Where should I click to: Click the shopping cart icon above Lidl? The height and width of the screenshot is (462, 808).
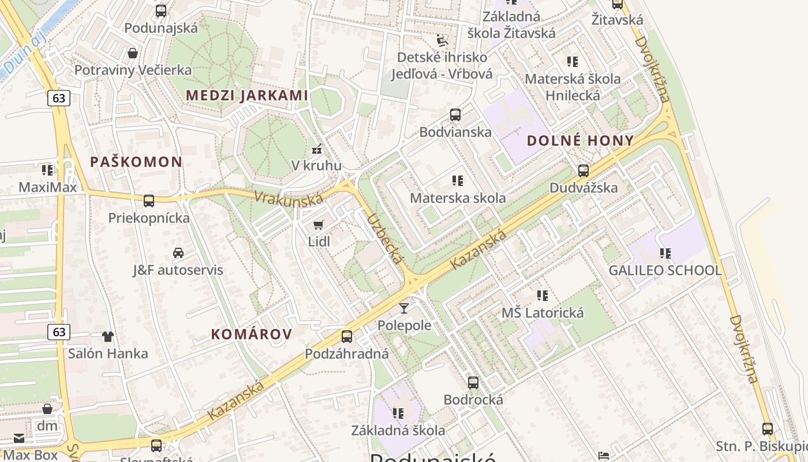point(318,225)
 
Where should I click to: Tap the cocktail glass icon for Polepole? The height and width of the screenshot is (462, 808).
point(404,308)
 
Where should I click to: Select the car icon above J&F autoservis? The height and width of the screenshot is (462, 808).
point(178,253)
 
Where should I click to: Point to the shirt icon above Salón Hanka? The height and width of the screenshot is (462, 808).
point(108,336)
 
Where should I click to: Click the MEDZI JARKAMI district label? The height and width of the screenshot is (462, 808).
point(246,95)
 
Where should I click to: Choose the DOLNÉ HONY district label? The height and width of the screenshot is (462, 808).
point(580,140)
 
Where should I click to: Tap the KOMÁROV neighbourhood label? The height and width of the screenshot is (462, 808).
point(252,334)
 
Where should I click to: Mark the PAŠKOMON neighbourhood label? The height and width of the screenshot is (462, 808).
point(136,162)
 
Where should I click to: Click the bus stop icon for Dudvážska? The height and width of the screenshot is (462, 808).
point(583,171)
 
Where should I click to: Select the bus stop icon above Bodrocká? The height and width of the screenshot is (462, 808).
point(473,382)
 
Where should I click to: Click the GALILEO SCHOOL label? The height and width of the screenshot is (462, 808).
point(665,270)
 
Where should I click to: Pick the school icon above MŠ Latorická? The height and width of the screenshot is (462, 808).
point(543,296)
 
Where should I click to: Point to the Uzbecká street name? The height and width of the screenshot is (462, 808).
point(385,239)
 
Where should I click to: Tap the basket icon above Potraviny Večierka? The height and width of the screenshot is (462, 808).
point(133,53)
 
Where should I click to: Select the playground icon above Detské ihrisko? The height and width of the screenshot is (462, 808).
point(442,40)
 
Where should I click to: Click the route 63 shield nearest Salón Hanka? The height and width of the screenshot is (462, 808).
point(59,331)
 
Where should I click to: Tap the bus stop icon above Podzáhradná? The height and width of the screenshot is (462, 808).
point(346,336)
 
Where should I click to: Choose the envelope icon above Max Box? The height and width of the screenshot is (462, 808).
point(19,438)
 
